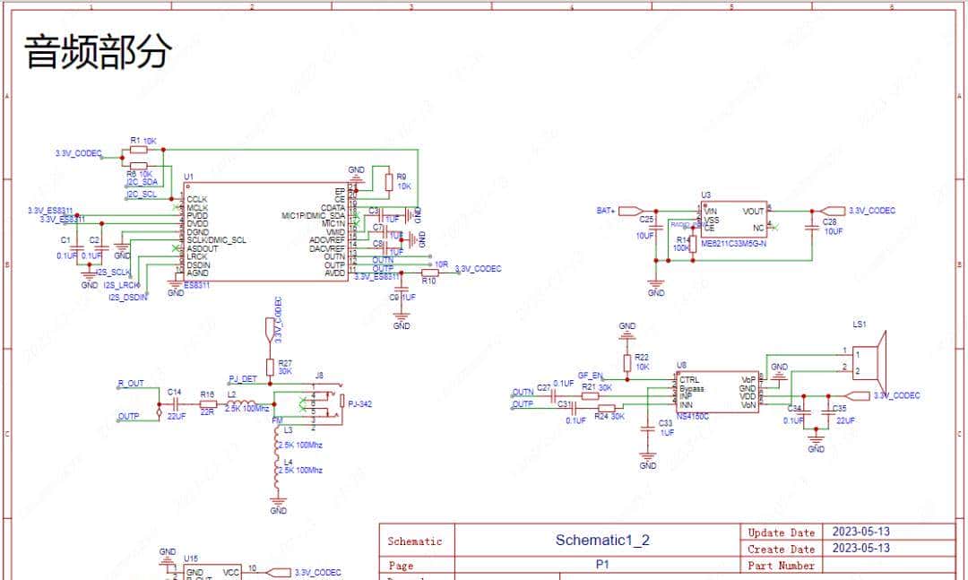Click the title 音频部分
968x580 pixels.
coord(97,51)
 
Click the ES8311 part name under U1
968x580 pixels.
coord(196,285)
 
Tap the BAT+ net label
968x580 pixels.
coord(606,211)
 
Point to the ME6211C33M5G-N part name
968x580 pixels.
coord(734,243)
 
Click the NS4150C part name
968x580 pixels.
coord(694,416)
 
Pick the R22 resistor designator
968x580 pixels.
coord(642,357)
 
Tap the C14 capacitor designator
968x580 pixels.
coord(174,392)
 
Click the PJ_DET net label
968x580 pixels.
coord(242,379)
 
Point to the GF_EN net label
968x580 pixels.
coord(590,376)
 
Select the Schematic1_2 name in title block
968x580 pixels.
coord(601,540)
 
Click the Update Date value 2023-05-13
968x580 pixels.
coord(860,532)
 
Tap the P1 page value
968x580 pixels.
coord(602,566)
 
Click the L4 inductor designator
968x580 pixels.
coord(287,461)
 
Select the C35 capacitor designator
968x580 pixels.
coord(839,408)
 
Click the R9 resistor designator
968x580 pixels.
coord(402,177)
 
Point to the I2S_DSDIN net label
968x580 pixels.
coord(127,297)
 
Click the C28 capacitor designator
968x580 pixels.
coord(829,221)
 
